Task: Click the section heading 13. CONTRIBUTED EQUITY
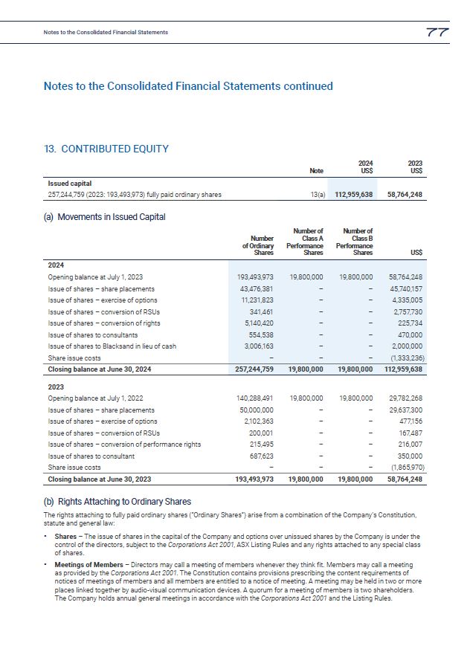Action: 106,149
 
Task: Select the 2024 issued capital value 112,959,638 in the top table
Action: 352,195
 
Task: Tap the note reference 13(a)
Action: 316,195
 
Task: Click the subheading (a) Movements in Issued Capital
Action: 105,217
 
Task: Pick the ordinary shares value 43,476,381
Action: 255,288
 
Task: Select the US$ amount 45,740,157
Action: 406,288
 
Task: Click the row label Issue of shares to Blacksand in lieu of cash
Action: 112,346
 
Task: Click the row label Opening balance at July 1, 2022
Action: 95,398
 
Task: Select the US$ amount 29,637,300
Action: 406,410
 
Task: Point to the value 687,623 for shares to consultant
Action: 259,456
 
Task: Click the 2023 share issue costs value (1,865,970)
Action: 405,468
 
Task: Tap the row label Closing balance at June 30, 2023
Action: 100,479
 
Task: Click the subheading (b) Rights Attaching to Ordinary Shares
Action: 117,502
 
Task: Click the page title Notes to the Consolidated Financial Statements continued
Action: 188,86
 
